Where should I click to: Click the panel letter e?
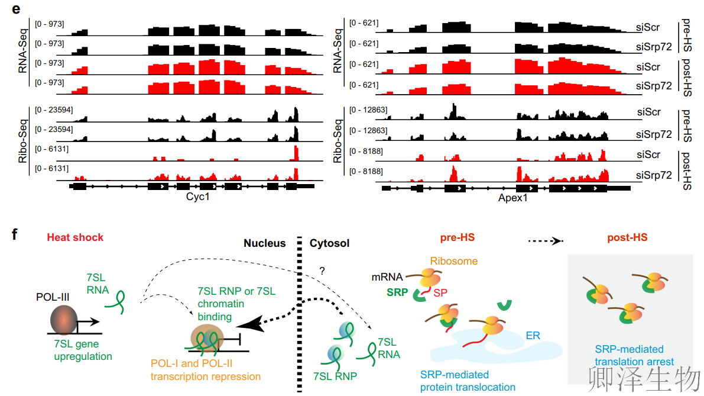16,9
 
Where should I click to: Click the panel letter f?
15,236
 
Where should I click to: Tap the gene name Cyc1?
197,197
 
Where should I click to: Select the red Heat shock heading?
74,237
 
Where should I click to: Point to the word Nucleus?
264,243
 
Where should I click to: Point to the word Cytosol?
330,243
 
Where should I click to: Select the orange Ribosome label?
454,260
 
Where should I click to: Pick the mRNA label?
387,276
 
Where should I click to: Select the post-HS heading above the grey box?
627,238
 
